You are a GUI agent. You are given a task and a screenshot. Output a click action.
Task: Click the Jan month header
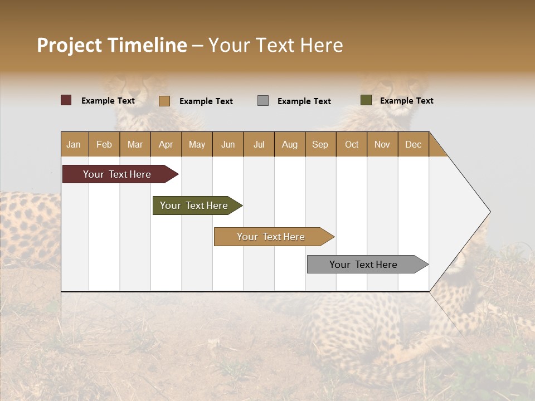74,144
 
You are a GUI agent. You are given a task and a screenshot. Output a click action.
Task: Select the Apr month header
166,144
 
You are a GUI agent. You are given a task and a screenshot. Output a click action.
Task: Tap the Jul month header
259,144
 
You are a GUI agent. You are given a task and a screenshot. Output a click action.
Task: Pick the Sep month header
320,144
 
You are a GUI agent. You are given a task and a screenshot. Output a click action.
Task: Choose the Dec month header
413,144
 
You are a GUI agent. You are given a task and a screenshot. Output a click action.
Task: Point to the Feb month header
104,144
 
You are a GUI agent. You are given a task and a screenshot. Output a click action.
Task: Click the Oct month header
352,144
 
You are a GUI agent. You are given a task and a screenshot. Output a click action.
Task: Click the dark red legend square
66,100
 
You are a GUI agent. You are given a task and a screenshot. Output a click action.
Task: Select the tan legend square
164,101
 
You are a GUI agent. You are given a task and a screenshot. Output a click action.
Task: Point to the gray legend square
263,101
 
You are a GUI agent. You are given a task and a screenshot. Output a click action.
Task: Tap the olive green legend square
366,100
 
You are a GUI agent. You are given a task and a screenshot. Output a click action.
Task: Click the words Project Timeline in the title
112,45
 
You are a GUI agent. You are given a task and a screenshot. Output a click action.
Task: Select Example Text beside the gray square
304,101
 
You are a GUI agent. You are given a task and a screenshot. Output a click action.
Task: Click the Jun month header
228,144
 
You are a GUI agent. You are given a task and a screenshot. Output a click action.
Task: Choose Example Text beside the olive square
407,101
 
